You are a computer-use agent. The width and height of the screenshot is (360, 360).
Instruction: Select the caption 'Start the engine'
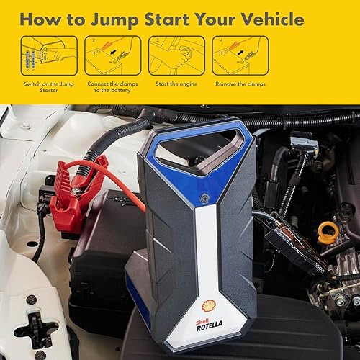tap(178, 84)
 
